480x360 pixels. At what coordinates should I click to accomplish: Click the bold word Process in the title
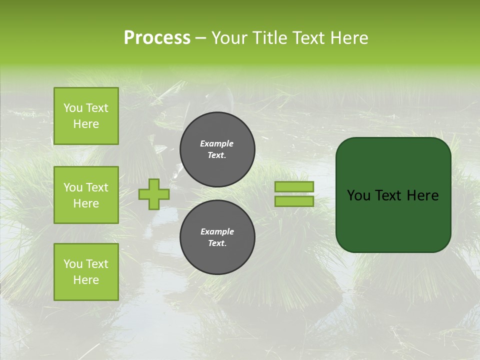157,38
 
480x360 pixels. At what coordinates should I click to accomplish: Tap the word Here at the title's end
348,38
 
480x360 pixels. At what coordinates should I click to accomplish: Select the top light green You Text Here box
86,116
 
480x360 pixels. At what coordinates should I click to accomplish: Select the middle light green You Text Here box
86,195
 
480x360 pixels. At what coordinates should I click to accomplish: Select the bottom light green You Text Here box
86,272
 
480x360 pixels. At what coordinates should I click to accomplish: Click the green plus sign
154,194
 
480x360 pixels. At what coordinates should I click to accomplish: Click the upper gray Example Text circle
217,149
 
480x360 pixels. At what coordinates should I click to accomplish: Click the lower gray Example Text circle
217,237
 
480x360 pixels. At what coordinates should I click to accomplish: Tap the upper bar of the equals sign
294,186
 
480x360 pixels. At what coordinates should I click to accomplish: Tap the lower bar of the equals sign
294,201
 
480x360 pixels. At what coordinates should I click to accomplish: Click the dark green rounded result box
393,194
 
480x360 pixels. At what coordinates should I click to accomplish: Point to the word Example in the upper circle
217,143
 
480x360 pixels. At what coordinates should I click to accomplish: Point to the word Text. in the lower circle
217,243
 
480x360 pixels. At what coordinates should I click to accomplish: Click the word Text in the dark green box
388,195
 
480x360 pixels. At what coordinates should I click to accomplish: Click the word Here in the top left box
86,124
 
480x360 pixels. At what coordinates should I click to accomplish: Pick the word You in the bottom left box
73,264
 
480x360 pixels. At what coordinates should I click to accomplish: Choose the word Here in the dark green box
422,195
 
